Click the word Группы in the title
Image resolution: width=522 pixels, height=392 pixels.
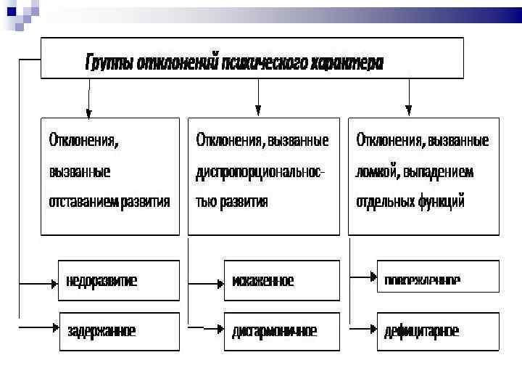(109, 64)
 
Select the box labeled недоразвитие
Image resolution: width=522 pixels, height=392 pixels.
(119, 280)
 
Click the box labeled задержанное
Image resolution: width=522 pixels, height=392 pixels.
(119, 331)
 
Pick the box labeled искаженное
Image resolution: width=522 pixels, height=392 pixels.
(281, 280)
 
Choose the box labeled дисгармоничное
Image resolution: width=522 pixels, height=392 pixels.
(281, 331)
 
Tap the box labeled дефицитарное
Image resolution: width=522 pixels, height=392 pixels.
(438, 331)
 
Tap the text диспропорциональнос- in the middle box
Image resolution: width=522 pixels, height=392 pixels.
(260, 172)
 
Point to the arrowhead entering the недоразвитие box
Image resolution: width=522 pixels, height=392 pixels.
(54, 280)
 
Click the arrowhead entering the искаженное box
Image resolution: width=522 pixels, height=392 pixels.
(219, 280)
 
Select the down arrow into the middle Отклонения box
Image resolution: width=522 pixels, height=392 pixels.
(257, 111)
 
